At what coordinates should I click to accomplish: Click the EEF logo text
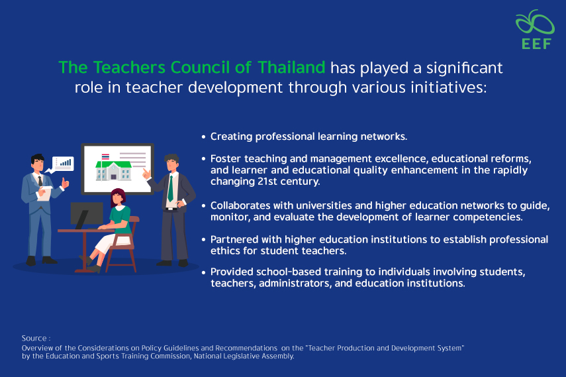click(536, 44)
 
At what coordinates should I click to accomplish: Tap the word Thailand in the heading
click(291, 68)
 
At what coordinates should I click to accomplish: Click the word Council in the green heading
click(200, 68)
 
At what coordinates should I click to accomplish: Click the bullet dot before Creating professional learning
click(204, 137)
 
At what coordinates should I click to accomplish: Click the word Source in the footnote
click(34, 339)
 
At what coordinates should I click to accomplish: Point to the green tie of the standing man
click(170, 188)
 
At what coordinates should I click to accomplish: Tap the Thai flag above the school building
click(105, 157)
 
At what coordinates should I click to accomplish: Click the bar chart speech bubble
click(62, 164)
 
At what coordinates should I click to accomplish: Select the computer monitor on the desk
click(87, 215)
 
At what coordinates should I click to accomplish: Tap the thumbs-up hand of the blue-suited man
click(65, 183)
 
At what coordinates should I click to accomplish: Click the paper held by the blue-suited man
click(44, 193)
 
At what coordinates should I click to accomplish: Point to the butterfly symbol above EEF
click(535, 23)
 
